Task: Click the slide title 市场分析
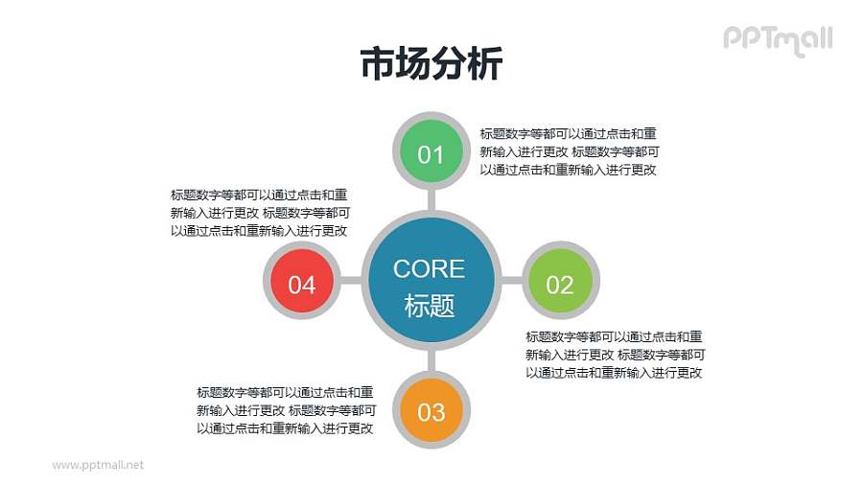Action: (431, 64)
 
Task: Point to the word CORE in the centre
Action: (429, 268)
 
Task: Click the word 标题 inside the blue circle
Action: (429, 306)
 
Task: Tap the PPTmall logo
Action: (777, 39)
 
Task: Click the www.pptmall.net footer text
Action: (98, 464)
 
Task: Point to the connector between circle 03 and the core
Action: (431, 361)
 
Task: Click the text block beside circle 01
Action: (569, 151)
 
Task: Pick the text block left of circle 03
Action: (285, 410)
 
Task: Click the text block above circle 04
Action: (259, 212)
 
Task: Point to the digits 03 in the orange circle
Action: (431, 413)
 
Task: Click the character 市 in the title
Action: (377, 64)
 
